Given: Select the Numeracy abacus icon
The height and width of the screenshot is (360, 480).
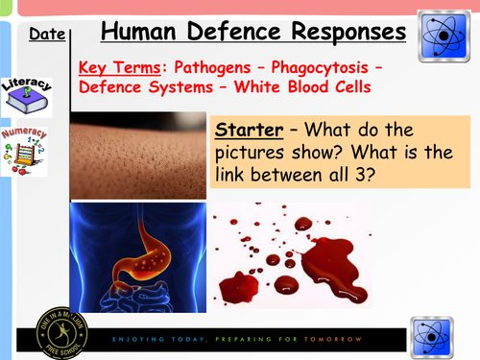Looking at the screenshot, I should (x=25, y=149).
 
